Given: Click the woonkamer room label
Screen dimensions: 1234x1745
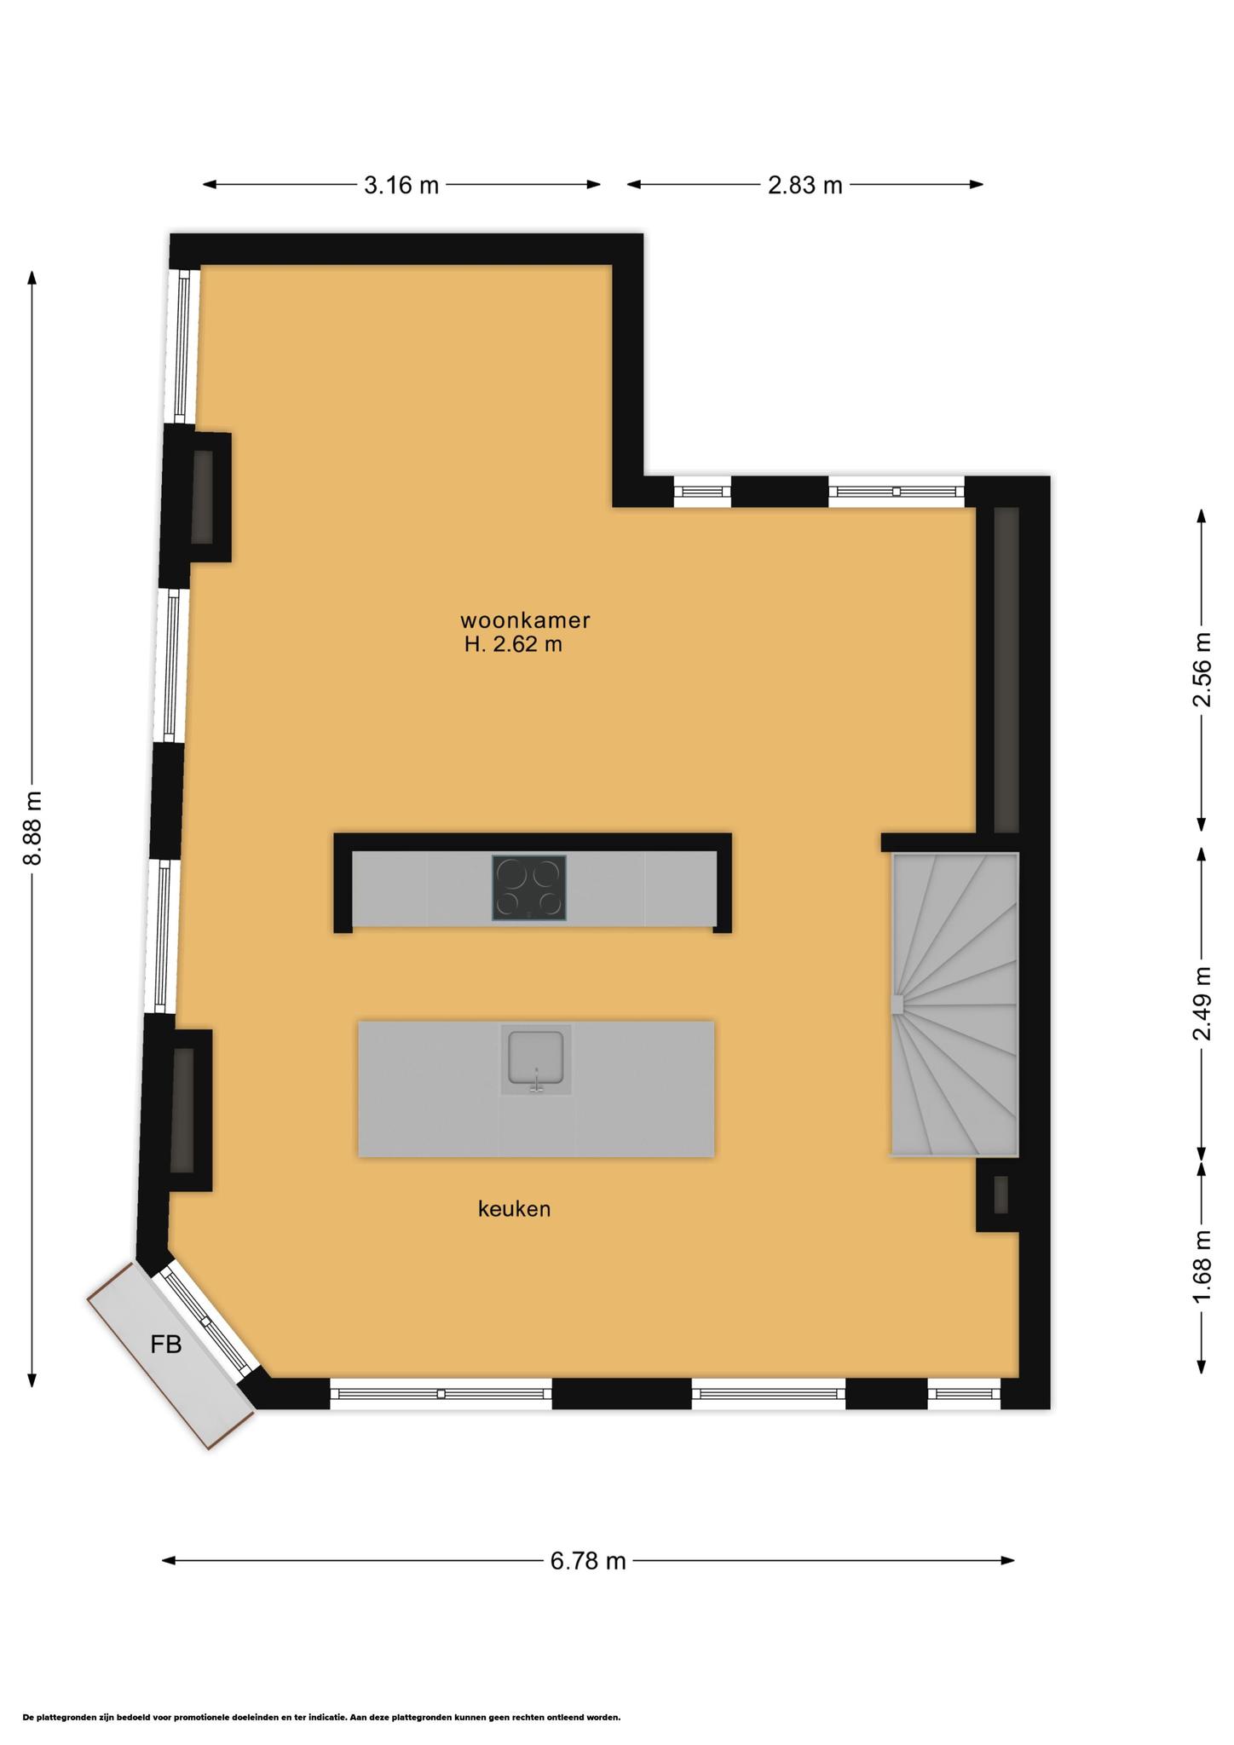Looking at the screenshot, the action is (525, 620).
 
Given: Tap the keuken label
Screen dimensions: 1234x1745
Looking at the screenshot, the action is (514, 1208).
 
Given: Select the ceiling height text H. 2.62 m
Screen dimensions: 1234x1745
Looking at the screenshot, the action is (513, 644).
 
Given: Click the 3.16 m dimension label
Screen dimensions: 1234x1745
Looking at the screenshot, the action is (401, 185).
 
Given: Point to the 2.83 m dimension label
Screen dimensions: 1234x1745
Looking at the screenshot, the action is (804, 185).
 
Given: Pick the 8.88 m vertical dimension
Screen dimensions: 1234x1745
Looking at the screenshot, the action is (32, 827).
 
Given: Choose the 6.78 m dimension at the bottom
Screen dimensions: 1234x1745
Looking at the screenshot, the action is (588, 1561).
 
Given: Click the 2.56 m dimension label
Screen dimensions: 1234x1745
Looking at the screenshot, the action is (1202, 670).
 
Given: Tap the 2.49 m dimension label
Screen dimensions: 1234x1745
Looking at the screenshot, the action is (1202, 1004).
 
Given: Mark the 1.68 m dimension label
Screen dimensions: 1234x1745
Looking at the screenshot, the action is (1202, 1266).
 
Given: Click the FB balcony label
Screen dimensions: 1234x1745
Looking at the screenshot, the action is (166, 1345).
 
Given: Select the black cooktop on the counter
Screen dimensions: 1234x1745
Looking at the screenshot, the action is (528, 888).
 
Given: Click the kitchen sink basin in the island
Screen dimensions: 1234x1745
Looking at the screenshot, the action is (535, 1057).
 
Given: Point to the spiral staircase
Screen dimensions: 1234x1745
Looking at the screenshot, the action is (954, 1005).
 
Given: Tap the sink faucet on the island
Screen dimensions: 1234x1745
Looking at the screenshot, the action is (536, 1080).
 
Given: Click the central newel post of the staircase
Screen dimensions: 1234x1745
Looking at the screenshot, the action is (897, 1005).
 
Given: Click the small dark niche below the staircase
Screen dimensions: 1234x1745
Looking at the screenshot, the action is (1000, 1195).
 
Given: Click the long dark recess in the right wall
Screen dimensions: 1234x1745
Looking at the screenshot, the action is (1006, 670).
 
